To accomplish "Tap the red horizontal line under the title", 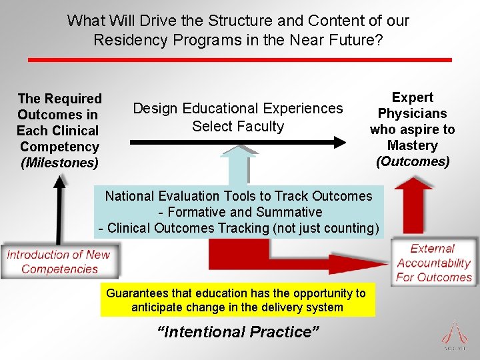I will pyautogui.click(x=239, y=60).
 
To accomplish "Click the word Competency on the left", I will pyautogui.click(x=59, y=147).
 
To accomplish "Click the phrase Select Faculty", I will pyautogui.click(x=238, y=126).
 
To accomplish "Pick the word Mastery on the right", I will pyautogui.click(x=412, y=145).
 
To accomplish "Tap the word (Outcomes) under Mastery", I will pyautogui.click(x=412, y=161).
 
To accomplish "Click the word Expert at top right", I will pyautogui.click(x=412, y=97).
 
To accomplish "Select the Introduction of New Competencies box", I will pyautogui.click(x=59, y=261).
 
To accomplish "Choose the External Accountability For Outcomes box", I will pyautogui.click(x=433, y=263).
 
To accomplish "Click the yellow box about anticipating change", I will pyautogui.click(x=237, y=300).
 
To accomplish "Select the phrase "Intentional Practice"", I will pyautogui.click(x=237, y=331).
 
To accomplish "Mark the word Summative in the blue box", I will pyautogui.click(x=291, y=212).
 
